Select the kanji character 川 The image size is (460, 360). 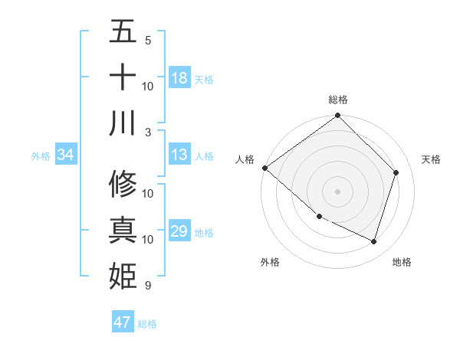[x=123, y=123]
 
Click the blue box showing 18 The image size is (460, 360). [x=179, y=78]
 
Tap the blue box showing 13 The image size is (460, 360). [x=179, y=155]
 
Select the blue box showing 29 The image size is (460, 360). [x=179, y=232]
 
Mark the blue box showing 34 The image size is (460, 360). [x=66, y=155]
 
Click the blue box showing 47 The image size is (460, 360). [x=123, y=322]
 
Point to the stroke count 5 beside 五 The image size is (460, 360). [x=148, y=40]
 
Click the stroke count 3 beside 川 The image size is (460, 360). [x=148, y=132]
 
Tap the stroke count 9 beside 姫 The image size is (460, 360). [x=148, y=286]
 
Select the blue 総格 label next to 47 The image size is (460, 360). [x=147, y=324]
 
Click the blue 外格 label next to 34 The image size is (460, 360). [x=41, y=156]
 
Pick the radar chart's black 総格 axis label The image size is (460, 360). [x=338, y=100]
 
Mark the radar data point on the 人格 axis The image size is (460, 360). [x=264, y=168]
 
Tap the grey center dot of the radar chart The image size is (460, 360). [x=338, y=191]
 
